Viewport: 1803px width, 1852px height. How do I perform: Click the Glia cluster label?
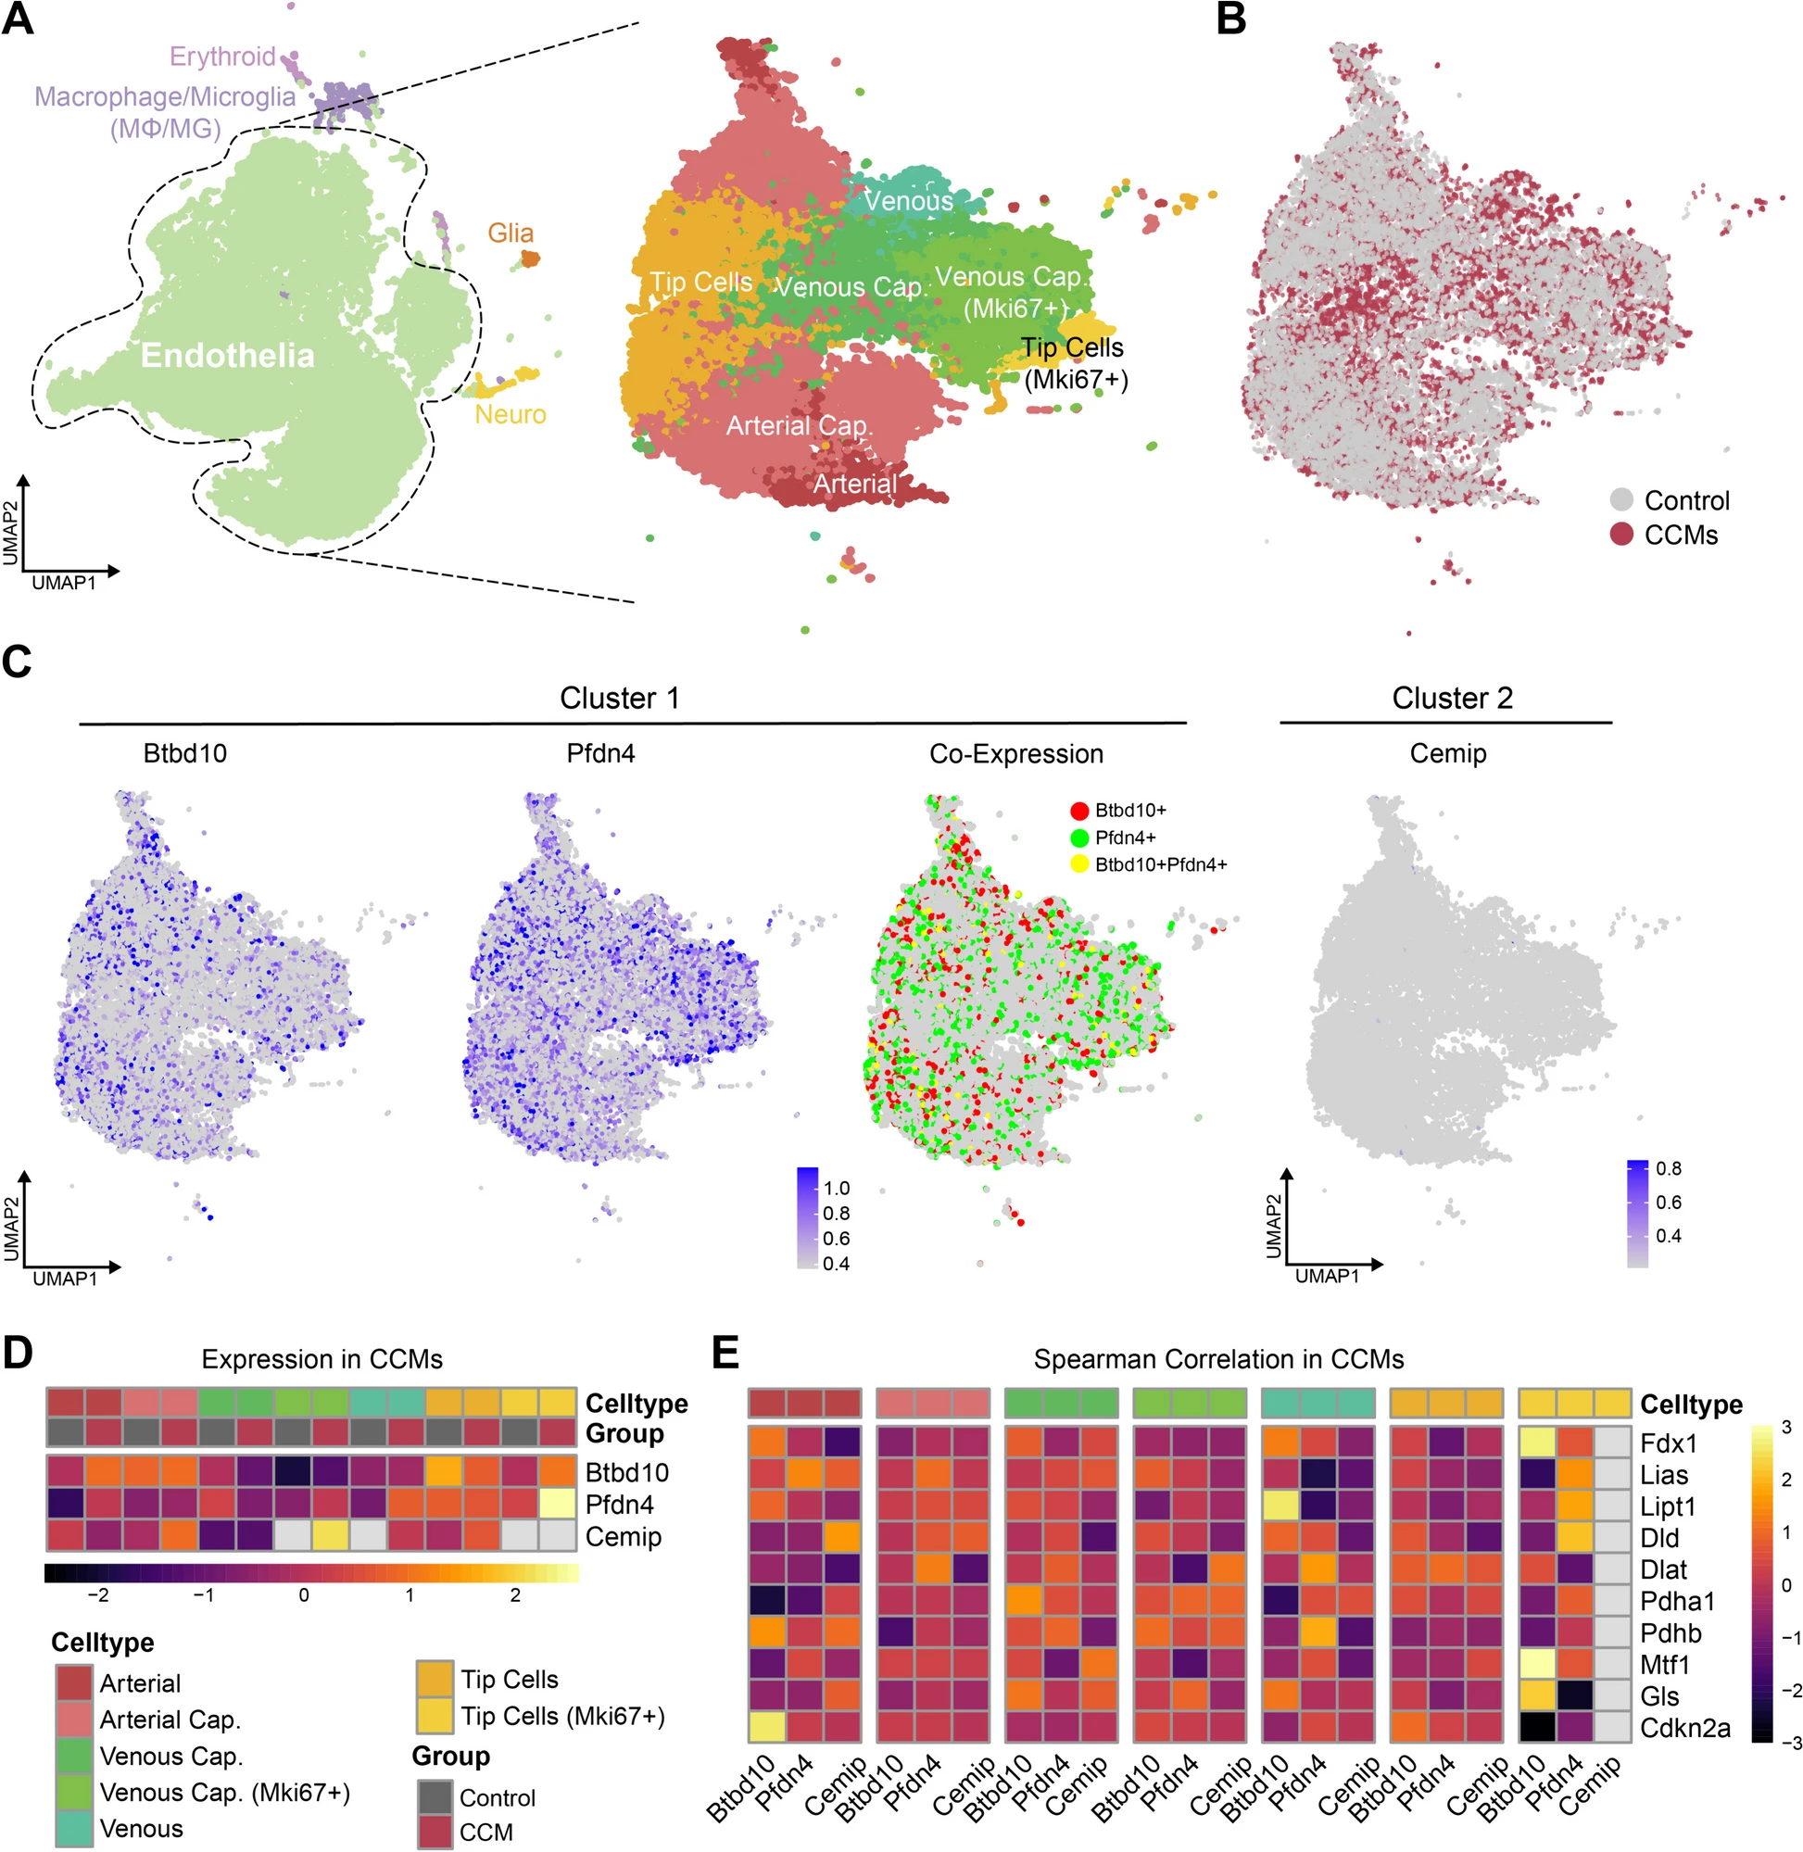tap(511, 233)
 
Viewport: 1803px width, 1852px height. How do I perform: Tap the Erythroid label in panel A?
tap(222, 57)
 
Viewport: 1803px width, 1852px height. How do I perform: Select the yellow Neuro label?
tap(511, 415)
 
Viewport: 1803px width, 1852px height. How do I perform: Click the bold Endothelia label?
tap(227, 356)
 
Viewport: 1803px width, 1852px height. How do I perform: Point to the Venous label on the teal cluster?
tap(908, 201)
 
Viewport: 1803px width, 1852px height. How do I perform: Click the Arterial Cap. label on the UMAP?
tap(800, 426)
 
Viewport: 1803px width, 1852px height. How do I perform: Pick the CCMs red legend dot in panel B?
tap(1621, 534)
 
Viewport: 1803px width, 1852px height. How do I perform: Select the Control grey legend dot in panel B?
tap(1621, 500)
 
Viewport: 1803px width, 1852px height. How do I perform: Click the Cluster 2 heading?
tap(1452, 699)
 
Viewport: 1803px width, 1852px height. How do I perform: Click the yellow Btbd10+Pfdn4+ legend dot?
tap(1078, 864)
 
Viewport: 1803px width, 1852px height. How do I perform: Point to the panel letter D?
tap(18, 1353)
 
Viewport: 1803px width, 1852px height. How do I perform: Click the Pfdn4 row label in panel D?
tap(619, 1505)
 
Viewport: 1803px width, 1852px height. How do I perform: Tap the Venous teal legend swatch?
tap(74, 1828)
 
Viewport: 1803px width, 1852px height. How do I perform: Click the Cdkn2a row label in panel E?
tap(1684, 1728)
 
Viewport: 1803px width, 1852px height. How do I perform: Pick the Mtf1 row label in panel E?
tap(1665, 1665)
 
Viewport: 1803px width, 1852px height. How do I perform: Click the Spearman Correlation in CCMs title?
tap(1217, 1360)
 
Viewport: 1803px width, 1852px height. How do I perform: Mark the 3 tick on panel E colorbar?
tap(1787, 1428)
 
